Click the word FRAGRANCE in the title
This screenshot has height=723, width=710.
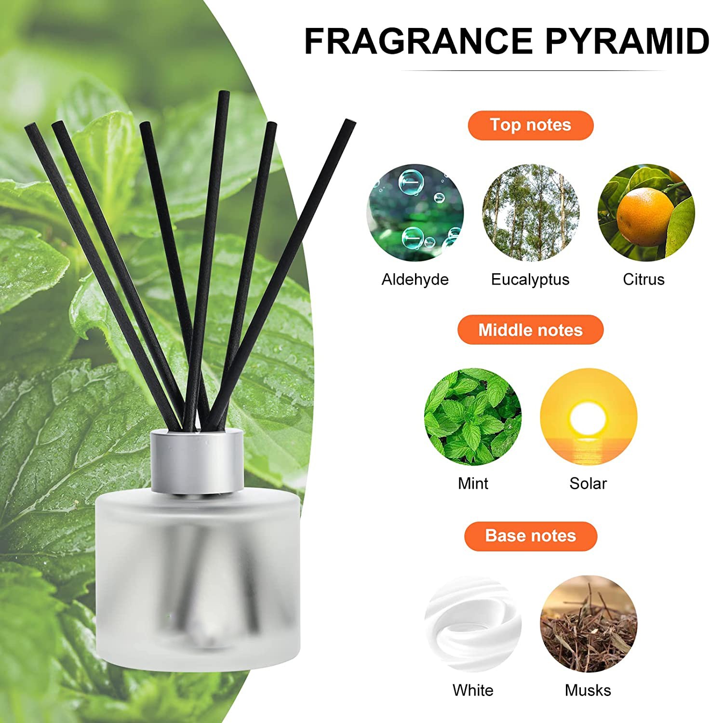coord(418,41)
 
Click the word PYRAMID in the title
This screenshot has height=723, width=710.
coord(627,41)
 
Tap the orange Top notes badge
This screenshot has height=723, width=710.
coord(530,125)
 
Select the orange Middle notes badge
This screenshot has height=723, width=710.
coord(530,330)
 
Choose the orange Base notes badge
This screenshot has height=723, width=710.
coord(530,536)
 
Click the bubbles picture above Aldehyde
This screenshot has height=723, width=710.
coord(415,213)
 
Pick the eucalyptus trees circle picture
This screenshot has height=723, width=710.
coord(531,213)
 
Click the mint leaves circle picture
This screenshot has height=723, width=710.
coord(473,417)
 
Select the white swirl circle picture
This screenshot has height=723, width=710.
coord(473,624)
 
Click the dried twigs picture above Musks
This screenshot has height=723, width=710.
coord(589,624)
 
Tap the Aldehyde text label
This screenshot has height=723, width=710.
coord(415,280)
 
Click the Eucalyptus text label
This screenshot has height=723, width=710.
coord(530,280)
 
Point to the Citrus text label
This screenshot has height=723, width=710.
coord(643,280)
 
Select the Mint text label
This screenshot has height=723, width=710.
coord(473,483)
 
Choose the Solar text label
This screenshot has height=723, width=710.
coord(588,483)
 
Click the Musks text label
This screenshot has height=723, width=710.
coord(588,690)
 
